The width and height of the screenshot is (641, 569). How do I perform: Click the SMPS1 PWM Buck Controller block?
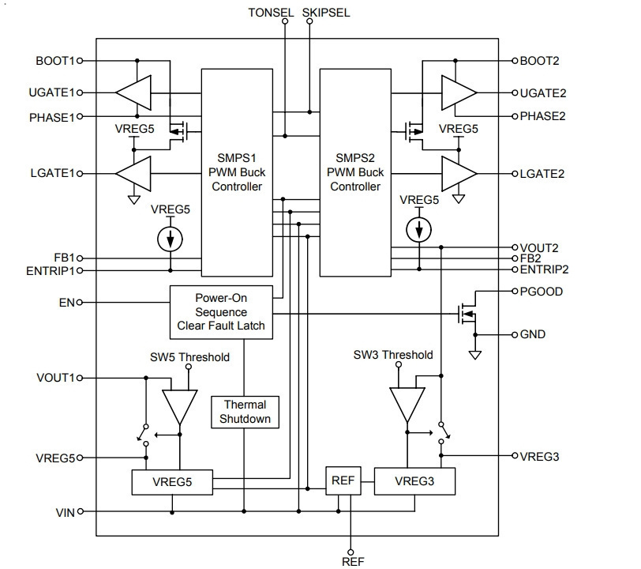(237, 172)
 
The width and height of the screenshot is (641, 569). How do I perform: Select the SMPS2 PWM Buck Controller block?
(355, 172)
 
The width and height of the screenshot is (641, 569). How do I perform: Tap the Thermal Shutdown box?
(245, 413)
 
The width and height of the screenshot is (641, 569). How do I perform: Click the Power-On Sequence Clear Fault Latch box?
(221, 312)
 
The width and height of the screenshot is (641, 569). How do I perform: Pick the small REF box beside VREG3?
(343, 481)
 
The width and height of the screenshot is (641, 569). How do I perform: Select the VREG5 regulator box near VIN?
(172, 482)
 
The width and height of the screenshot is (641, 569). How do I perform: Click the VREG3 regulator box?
(414, 481)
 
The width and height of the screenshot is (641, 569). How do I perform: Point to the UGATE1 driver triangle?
(133, 93)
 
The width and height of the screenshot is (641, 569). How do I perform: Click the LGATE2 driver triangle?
(459, 174)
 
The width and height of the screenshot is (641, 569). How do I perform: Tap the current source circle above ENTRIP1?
(170, 239)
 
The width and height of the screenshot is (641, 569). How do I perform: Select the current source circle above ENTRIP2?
(419, 230)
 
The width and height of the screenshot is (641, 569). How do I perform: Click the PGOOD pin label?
(542, 292)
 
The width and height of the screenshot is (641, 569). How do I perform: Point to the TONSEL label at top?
(271, 13)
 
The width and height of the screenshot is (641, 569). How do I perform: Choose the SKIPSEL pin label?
(326, 13)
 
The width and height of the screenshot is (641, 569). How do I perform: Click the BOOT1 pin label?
(55, 61)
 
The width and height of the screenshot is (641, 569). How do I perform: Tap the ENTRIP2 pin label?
(544, 269)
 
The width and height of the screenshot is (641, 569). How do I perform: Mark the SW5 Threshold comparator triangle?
(180, 407)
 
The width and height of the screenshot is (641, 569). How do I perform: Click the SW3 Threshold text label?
(393, 355)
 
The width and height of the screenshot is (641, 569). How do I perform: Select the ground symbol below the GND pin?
(475, 355)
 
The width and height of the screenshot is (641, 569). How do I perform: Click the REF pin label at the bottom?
(353, 562)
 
